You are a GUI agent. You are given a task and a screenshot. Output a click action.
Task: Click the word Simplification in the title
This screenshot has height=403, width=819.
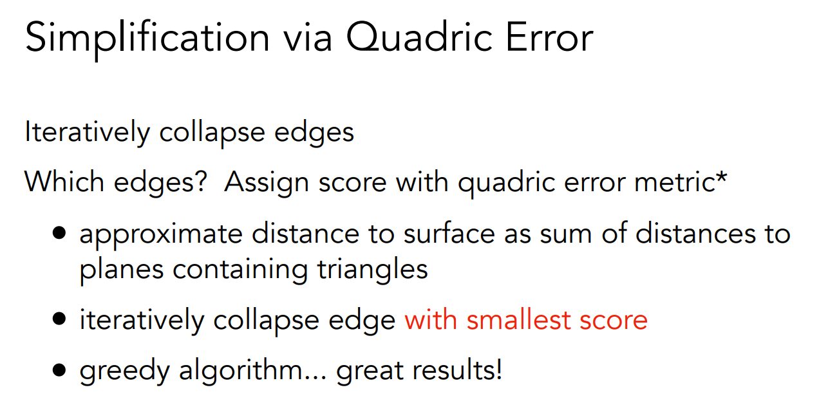tap(147, 39)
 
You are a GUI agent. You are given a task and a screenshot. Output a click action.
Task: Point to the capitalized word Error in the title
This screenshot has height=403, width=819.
tap(550, 37)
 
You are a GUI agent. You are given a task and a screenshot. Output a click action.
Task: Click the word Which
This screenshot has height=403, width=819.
tap(64, 181)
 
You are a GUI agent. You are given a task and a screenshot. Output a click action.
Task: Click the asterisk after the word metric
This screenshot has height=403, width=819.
tap(721, 178)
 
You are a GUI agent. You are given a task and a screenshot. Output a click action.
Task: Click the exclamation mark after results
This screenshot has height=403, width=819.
tap(497, 369)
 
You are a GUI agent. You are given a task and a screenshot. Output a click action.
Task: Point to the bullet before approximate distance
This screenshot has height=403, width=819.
tap(59, 232)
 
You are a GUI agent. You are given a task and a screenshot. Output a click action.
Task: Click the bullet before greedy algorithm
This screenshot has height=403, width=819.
tap(59, 370)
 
